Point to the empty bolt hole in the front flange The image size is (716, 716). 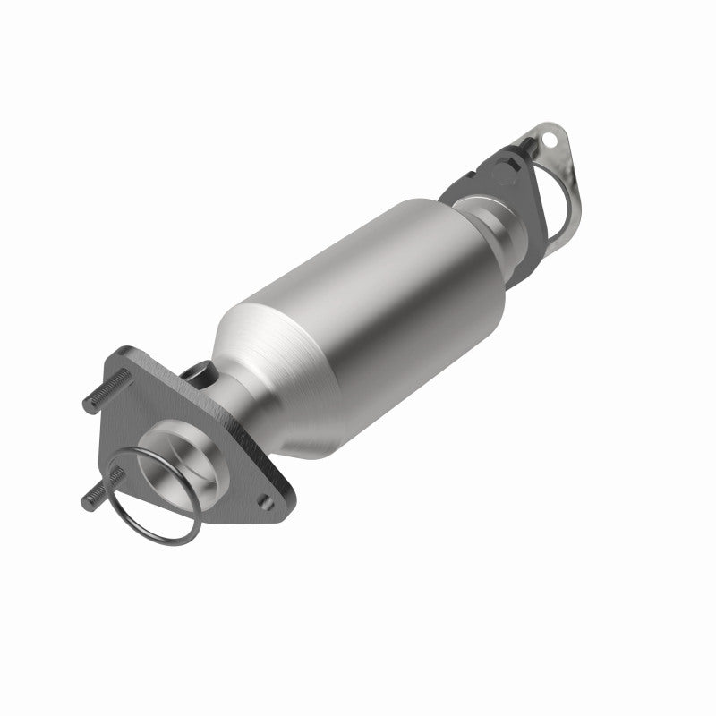pos(263,491)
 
